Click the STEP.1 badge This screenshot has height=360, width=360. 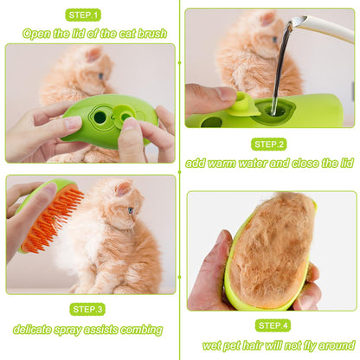click(x=83, y=15)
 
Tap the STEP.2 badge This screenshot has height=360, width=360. click(x=269, y=144)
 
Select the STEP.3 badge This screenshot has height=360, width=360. click(x=88, y=309)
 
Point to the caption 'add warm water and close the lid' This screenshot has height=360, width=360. click(x=269, y=163)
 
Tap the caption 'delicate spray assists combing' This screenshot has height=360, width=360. click(x=87, y=329)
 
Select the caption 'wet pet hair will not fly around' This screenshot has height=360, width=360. click(x=271, y=344)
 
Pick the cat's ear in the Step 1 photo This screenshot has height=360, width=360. click(x=93, y=55)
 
